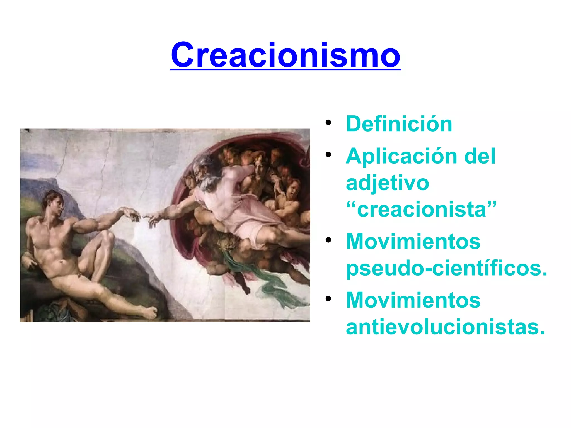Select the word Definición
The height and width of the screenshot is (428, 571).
click(x=399, y=124)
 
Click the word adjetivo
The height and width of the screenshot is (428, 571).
click(x=387, y=183)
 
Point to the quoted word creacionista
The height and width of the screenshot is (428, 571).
click(x=421, y=210)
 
